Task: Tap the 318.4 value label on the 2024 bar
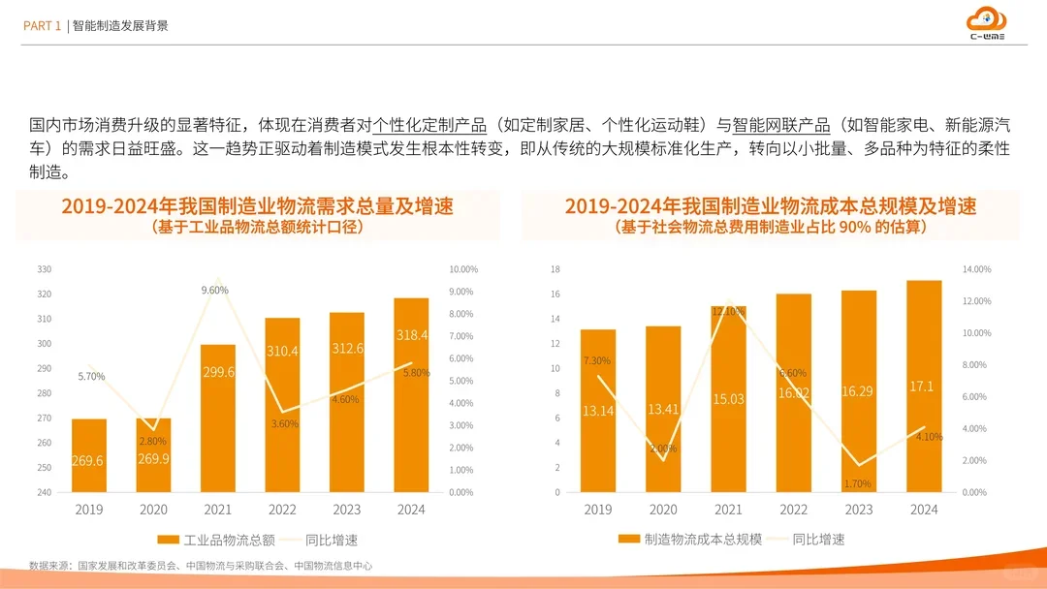(x=412, y=335)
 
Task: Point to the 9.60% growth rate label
(x=214, y=290)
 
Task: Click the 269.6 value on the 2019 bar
(x=87, y=461)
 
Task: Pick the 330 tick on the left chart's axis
(x=44, y=269)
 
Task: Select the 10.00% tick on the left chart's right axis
(x=463, y=269)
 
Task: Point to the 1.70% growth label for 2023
(x=858, y=483)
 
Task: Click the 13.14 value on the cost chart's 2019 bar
(x=597, y=411)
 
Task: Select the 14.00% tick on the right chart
(x=976, y=269)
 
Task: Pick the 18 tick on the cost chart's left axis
(x=555, y=269)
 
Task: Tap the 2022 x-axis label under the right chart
(x=793, y=510)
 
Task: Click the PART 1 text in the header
(x=43, y=26)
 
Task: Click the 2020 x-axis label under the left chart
(x=153, y=510)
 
